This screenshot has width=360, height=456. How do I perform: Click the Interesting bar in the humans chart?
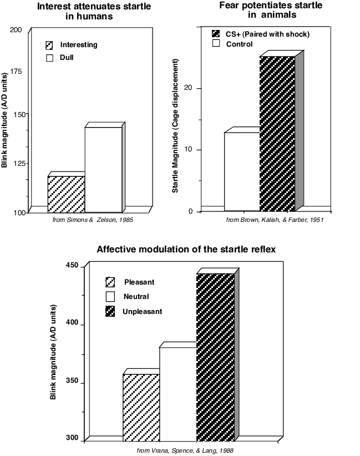pyautogui.click(x=66, y=194)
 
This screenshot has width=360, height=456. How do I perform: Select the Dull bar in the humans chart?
pyautogui.click(x=103, y=170)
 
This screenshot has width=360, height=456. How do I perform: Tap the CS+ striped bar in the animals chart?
pyautogui.click(x=277, y=133)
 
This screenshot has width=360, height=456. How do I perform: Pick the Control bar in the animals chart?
pyautogui.click(x=242, y=171)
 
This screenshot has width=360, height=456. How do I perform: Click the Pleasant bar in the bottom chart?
pyautogui.click(x=141, y=407)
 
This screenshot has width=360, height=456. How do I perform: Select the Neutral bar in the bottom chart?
pyautogui.click(x=178, y=394)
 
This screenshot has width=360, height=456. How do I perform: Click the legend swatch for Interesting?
pyautogui.click(x=50, y=45)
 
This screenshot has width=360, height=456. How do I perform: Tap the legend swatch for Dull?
pyautogui.click(x=50, y=57)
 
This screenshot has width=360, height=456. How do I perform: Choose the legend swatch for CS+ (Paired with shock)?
pyautogui.click(x=216, y=34)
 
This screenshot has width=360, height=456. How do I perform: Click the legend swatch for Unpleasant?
pyautogui.click(x=110, y=311)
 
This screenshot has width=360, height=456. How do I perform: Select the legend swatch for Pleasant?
pyautogui.click(x=110, y=282)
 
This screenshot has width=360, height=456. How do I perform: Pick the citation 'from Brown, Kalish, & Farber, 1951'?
pyautogui.click(x=275, y=220)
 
